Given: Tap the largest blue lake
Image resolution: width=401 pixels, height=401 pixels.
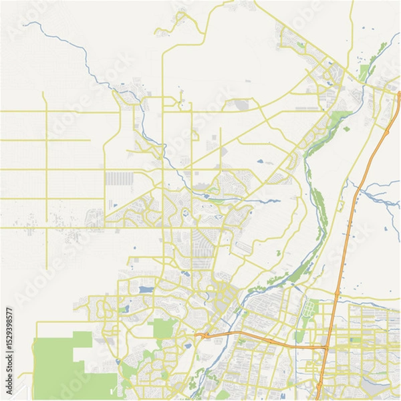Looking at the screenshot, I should click(x=145, y=290).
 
